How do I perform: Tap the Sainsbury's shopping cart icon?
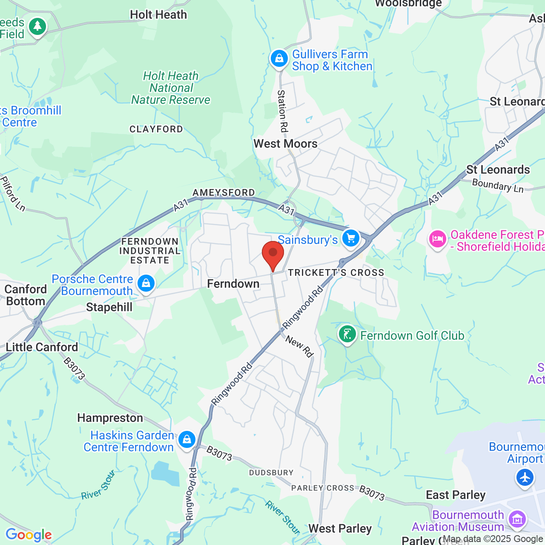click(351, 238)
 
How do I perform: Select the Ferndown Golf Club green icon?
click(347, 334)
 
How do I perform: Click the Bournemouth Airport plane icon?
click(525, 477)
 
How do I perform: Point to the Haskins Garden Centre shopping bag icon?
click(187, 439)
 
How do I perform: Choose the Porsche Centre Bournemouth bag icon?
click(146, 283)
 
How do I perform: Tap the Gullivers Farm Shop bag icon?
click(279, 59)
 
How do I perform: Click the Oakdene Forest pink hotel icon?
click(437, 239)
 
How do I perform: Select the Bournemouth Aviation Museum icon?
click(517, 519)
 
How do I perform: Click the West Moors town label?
click(285, 144)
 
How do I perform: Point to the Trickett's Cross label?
click(336, 272)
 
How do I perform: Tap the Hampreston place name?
click(110, 418)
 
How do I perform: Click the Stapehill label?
click(109, 307)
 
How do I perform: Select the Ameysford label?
click(224, 193)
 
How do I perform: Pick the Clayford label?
click(156, 129)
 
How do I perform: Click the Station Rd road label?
click(283, 111)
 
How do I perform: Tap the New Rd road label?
click(299, 346)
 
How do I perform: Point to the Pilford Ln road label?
click(13, 194)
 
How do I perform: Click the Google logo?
click(29, 535)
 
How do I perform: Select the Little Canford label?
click(42, 347)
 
